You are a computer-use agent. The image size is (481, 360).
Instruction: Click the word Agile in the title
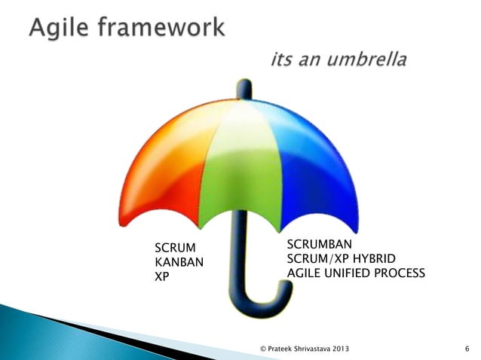(x=61, y=29)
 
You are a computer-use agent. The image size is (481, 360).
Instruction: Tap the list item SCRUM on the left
(x=174, y=247)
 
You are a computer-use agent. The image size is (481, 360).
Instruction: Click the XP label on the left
(x=162, y=276)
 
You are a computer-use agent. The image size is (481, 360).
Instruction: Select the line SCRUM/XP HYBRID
(x=336, y=258)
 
